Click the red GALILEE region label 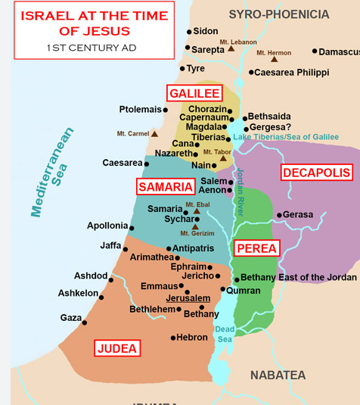tap(194, 93)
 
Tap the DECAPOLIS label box tap(316, 173)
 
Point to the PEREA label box tap(256, 248)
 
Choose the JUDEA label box tap(117, 348)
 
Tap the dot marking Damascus tap(315, 51)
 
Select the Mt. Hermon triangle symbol tap(275, 59)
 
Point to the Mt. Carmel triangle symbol tap(154, 134)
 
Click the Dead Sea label tap(225, 334)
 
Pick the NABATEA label tap(278, 375)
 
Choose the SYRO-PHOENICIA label tap(279, 14)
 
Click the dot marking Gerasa tap(279, 215)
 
